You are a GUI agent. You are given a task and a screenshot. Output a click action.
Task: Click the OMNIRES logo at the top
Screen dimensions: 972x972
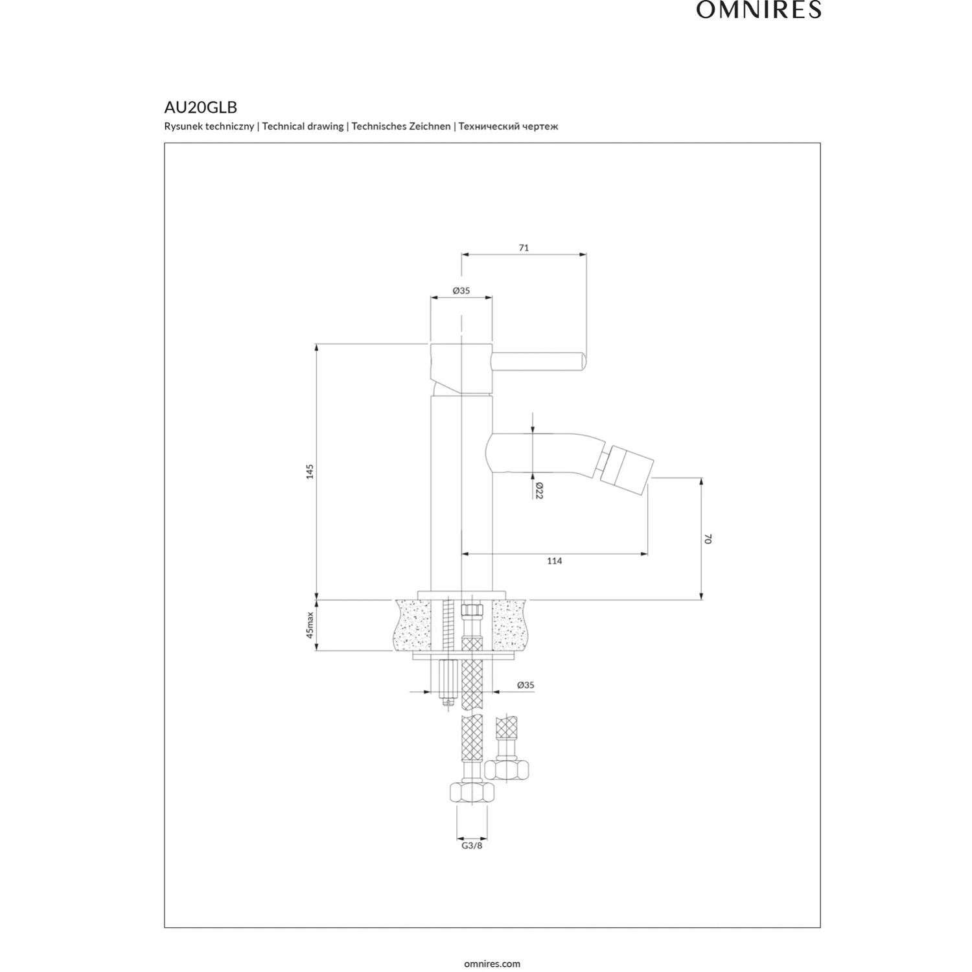pos(759,10)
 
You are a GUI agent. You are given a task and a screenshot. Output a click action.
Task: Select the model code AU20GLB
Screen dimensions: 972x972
pos(201,108)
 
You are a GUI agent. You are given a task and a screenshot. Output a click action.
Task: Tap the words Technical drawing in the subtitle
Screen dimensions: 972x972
pos(303,126)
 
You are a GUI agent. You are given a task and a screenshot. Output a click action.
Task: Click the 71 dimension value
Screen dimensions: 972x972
pos(524,248)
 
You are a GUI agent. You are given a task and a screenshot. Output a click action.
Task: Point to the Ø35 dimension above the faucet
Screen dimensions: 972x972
pos(461,291)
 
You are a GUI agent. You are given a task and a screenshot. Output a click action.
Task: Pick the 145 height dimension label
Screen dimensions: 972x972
pos(310,471)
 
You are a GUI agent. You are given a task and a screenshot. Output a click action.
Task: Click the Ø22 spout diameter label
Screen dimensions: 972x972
pos(539,491)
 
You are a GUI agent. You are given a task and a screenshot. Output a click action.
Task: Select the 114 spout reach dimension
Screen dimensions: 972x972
pos(554,561)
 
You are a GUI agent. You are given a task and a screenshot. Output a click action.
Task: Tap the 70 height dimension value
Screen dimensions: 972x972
pos(708,538)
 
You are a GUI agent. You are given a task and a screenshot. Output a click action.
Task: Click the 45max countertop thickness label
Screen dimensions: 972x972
pos(310,625)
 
